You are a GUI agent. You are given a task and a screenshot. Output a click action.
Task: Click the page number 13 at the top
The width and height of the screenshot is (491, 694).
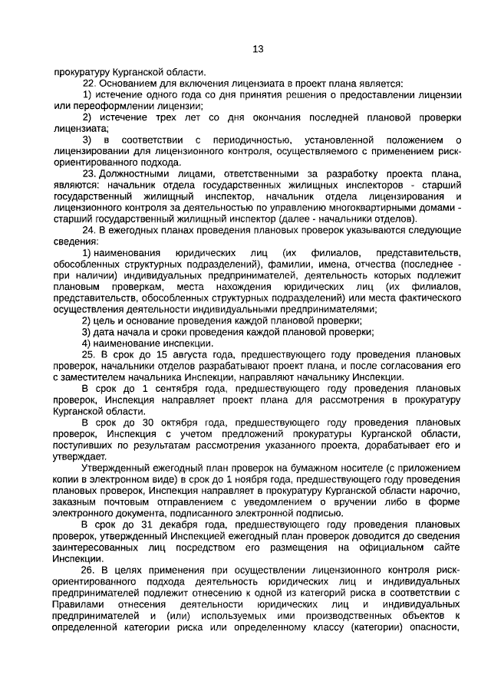tap(258, 49)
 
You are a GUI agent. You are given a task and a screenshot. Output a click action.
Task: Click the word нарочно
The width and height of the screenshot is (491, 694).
tap(443, 490)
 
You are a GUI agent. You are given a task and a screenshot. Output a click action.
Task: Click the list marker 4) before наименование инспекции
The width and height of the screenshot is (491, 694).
tap(87, 344)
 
